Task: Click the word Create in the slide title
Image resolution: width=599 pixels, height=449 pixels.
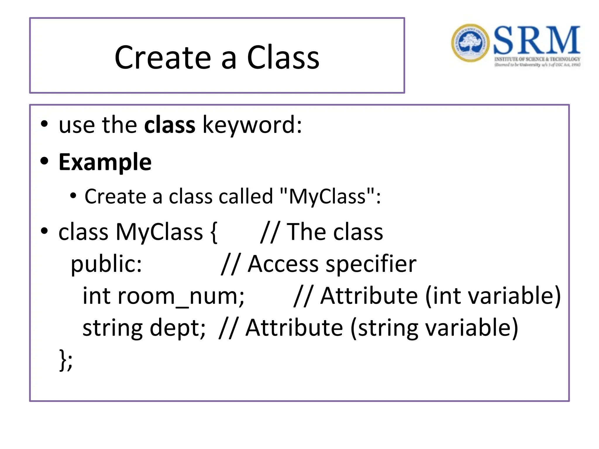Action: [163, 58]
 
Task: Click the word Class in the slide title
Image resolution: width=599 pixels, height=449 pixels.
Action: [283, 58]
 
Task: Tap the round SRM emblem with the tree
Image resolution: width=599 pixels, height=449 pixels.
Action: [470, 43]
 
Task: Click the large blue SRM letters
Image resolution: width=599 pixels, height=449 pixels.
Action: [537, 40]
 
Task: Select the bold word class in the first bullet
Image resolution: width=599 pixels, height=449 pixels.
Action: [170, 125]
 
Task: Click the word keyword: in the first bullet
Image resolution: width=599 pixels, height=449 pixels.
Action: [252, 125]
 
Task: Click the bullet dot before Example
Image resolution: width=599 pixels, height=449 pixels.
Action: [44, 161]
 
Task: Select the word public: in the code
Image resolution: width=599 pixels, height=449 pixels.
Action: [106, 264]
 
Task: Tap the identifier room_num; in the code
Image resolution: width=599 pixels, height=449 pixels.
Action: [163, 296]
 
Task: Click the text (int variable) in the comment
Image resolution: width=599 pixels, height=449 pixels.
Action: [493, 296]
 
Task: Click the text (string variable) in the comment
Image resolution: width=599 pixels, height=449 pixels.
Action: [434, 328]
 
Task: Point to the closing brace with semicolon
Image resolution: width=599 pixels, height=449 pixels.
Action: [66, 360]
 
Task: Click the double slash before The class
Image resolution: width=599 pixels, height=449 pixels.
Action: [270, 232]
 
